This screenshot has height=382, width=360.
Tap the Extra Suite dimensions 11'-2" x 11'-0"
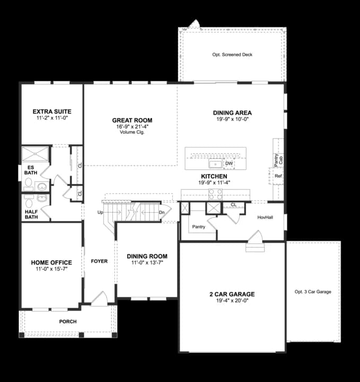pos(51,118)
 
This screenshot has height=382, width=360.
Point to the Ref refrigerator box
pos(278,176)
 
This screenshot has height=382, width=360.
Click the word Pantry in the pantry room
pos(199,227)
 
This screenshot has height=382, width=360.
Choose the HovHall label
pos(265,217)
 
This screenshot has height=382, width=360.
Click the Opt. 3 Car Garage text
pos(313,292)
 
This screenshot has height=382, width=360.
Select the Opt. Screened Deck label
pos(232,55)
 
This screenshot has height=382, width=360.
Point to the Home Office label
pos(51,262)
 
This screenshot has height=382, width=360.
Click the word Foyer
pos(99,261)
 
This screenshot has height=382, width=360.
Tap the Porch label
pos(68,322)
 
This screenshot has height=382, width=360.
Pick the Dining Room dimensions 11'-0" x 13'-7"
pos(147,262)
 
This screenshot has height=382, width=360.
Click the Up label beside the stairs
pos(100,212)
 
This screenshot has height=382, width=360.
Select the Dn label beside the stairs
pos(162,212)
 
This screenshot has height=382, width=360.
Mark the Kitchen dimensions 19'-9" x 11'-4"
pos(214,183)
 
